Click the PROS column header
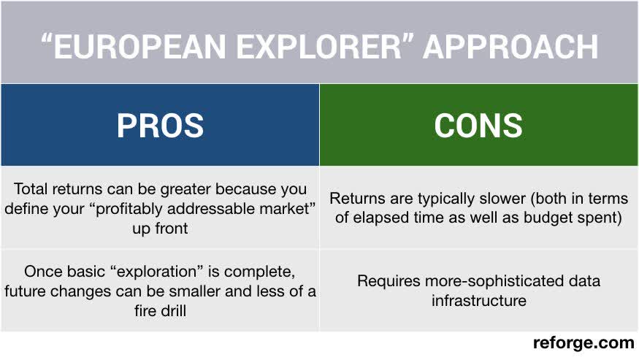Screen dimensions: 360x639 tap(160, 125)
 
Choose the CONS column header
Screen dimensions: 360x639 tap(478, 125)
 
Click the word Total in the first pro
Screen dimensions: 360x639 tap(31, 189)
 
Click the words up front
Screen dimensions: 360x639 tap(160, 229)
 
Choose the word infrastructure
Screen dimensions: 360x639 tap(478, 300)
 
